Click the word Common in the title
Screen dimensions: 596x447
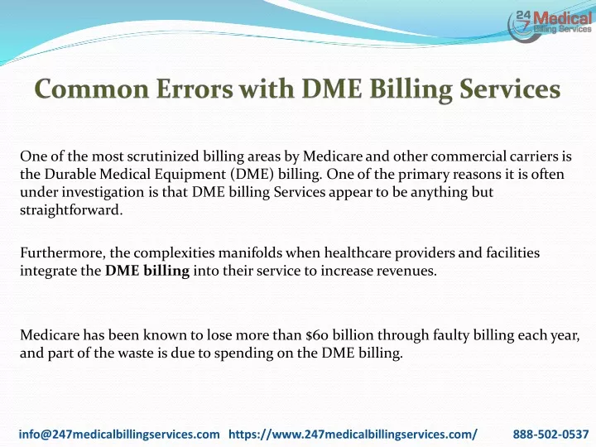click(92, 89)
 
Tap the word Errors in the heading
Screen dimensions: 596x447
click(195, 89)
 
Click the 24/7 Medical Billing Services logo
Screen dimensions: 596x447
click(550, 25)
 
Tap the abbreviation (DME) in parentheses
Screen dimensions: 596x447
click(252, 175)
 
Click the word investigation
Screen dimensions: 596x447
click(103, 192)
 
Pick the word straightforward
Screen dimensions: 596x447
click(71, 209)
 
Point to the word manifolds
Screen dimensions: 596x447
click(250, 252)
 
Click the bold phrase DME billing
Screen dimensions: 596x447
click(147, 271)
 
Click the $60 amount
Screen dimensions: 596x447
click(317, 335)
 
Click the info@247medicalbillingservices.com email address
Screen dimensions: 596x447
click(119, 434)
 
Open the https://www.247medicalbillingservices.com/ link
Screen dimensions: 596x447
click(353, 434)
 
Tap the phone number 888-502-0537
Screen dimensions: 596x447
click(550, 434)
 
